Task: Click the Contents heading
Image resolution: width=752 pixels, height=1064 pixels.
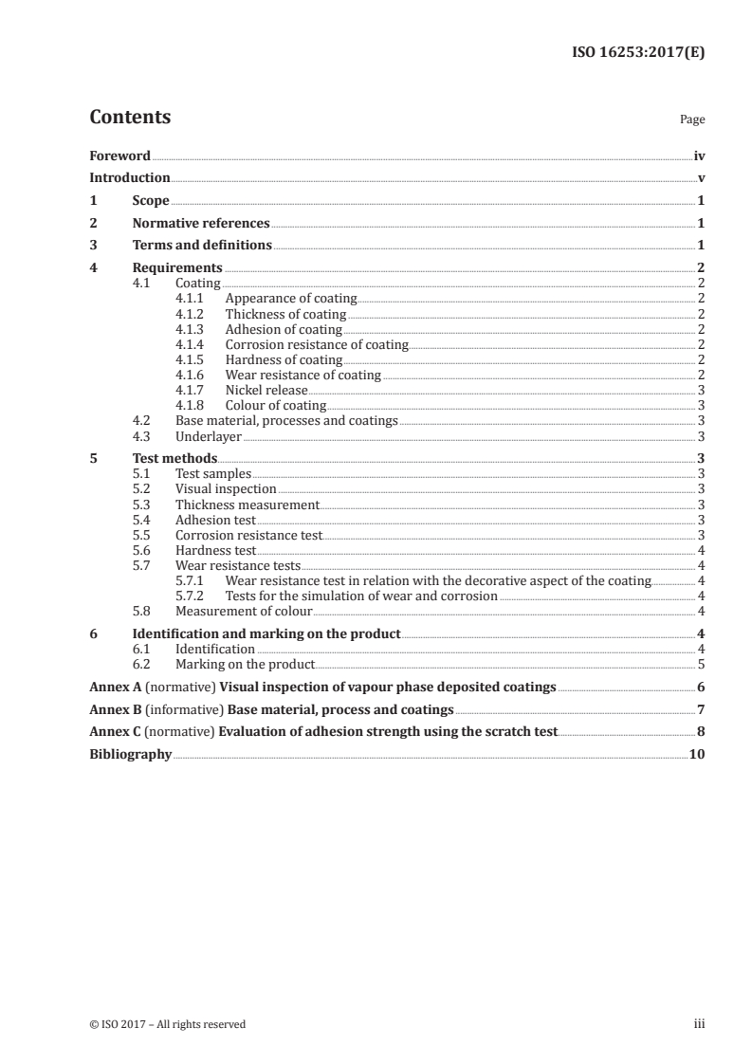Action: tap(130, 118)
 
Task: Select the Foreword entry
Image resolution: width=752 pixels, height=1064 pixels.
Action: tap(119, 156)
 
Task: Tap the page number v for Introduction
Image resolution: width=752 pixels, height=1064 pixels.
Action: tap(701, 178)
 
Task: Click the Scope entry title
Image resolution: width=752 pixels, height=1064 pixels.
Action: tap(151, 201)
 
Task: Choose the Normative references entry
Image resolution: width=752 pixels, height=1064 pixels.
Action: tap(201, 224)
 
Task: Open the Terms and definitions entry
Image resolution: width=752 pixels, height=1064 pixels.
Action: tap(202, 246)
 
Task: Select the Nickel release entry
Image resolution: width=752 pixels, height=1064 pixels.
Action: tap(266, 390)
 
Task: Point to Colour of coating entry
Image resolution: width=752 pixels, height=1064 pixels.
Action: tap(275, 405)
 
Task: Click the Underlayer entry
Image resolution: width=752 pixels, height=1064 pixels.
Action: tap(209, 436)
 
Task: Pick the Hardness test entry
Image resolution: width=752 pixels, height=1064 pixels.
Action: tap(215, 550)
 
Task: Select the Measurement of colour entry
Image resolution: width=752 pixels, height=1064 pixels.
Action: tap(244, 611)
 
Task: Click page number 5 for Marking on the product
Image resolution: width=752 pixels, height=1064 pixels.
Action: tap(701, 664)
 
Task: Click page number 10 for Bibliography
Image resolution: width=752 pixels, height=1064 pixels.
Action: tap(697, 755)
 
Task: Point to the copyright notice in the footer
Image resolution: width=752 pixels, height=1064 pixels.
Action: tap(168, 1024)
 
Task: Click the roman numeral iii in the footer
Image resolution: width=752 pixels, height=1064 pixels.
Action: tap(699, 1024)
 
